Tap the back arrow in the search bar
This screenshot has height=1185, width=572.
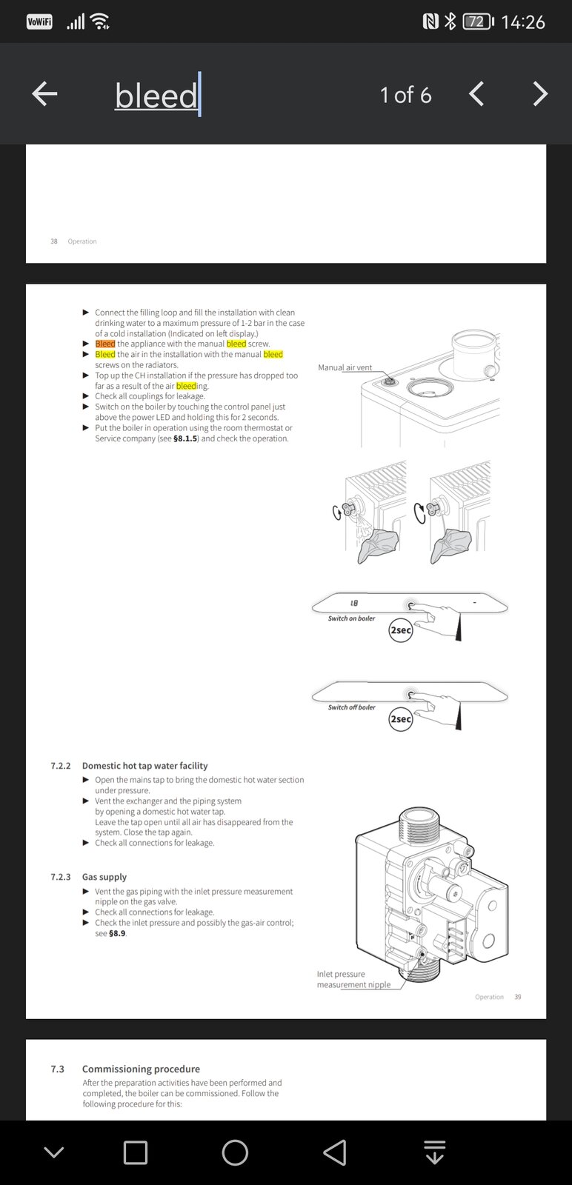44,94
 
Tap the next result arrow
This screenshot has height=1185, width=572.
540,94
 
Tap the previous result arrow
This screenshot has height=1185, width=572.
476,94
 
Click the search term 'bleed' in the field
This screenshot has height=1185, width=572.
156,96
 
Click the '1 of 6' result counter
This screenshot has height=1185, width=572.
405,95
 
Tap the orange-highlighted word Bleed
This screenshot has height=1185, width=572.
105,344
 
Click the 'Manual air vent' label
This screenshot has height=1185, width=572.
345,367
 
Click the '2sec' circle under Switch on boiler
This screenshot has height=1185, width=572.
400,630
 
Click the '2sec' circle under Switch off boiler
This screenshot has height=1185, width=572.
400,719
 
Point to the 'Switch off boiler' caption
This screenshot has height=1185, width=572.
351,707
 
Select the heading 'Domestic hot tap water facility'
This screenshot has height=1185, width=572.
144,766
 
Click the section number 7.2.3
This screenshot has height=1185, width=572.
61,877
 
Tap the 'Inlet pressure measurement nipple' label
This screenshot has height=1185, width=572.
353,979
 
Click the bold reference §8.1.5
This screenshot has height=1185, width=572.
184,438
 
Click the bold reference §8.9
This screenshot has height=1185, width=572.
117,933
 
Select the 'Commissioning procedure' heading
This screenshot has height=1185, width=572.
141,1069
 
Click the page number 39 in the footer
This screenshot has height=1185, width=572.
518,997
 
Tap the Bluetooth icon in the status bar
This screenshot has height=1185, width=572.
450,21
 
